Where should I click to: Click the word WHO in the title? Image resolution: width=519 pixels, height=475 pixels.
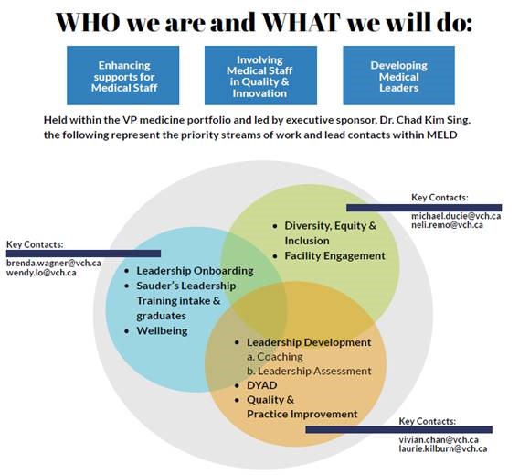88,22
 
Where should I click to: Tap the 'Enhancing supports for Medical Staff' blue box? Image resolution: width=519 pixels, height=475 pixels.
122,75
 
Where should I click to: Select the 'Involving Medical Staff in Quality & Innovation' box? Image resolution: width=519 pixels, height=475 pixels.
260,75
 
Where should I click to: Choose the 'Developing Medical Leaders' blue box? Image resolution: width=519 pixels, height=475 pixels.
399,75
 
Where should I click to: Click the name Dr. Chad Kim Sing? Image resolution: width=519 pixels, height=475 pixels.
425,120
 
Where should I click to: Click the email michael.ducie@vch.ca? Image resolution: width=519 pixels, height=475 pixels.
456,216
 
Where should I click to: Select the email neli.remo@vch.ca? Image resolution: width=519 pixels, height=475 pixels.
447,225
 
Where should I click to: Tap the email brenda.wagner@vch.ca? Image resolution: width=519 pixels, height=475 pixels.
54,264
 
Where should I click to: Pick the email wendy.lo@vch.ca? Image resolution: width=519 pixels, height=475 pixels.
41,273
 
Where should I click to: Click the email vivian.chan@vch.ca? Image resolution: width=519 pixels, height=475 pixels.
439,440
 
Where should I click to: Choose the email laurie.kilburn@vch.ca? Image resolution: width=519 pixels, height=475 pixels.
443,448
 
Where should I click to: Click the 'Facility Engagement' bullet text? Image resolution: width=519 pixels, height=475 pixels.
334,256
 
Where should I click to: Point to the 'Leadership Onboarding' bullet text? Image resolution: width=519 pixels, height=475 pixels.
195,271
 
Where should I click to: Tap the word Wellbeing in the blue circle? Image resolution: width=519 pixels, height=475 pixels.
162,330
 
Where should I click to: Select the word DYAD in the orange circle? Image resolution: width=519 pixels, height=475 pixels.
262,385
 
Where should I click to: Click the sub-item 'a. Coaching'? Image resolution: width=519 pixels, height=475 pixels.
275,357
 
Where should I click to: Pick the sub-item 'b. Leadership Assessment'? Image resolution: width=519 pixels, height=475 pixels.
309,371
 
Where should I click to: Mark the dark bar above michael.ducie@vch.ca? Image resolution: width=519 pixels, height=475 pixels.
424,208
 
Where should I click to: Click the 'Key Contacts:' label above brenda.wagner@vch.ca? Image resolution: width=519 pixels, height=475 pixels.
35,244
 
